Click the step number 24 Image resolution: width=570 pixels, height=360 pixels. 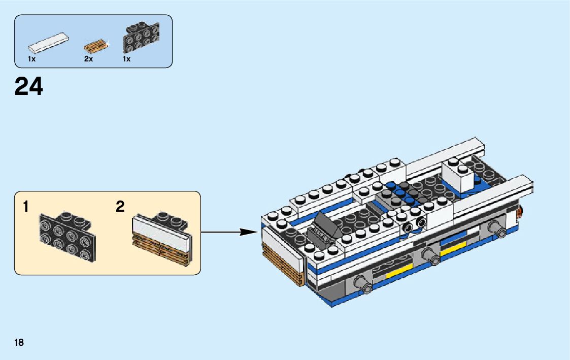29,86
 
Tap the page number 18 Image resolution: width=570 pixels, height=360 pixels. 19,342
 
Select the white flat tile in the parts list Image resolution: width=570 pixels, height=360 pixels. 49,43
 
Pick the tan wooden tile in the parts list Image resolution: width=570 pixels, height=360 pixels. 97,47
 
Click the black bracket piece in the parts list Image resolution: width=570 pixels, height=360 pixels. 142,38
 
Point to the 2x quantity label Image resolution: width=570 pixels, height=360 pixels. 88,59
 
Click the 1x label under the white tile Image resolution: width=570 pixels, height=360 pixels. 31,59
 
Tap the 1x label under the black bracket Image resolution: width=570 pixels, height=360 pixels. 126,59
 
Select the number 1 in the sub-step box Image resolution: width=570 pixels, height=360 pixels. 25,207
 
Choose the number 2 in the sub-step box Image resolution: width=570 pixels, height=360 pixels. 120,207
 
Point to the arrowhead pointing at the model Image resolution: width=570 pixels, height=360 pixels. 249,232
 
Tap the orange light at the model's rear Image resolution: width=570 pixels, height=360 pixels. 521,211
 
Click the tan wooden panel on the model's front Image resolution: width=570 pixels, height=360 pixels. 282,266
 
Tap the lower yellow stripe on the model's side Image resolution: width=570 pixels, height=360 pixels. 399,272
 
